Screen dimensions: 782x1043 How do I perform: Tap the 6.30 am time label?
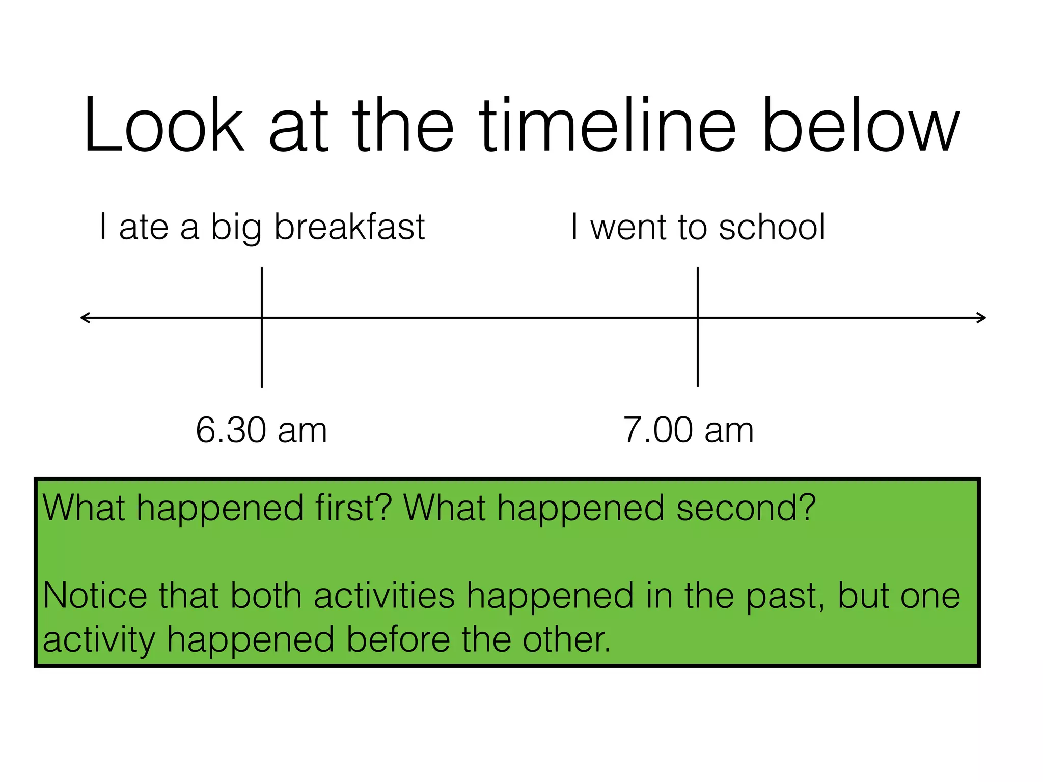[261, 430]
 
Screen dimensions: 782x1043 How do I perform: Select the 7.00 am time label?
[688, 430]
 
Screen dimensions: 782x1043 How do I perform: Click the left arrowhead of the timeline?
[85, 318]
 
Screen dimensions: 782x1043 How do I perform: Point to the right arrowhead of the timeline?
[981, 318]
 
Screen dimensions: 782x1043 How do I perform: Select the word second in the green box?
[746, 508]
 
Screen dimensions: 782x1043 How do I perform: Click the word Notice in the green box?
[95, 596]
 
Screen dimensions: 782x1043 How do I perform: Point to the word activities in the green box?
[384, 596]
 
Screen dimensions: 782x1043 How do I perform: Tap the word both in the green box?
[266, 596]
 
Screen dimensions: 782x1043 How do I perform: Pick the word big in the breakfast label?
[236, 228]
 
